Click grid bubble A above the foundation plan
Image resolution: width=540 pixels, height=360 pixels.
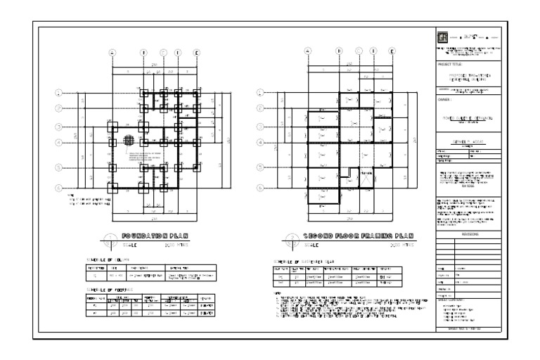[111, 52]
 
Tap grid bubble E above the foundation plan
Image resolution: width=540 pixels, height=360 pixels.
[196, 52]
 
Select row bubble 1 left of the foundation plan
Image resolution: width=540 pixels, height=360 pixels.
[60, 92]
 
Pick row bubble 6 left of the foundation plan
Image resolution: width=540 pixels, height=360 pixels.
[60, 188]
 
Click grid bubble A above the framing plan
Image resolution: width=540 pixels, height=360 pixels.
[307, 51]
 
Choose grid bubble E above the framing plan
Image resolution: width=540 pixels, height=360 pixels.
[392, 51]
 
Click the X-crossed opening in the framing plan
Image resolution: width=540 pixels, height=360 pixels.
[366, 181]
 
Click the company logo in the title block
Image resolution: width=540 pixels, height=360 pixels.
[442, 37]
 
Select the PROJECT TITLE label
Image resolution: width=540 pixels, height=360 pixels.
[449, 63]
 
